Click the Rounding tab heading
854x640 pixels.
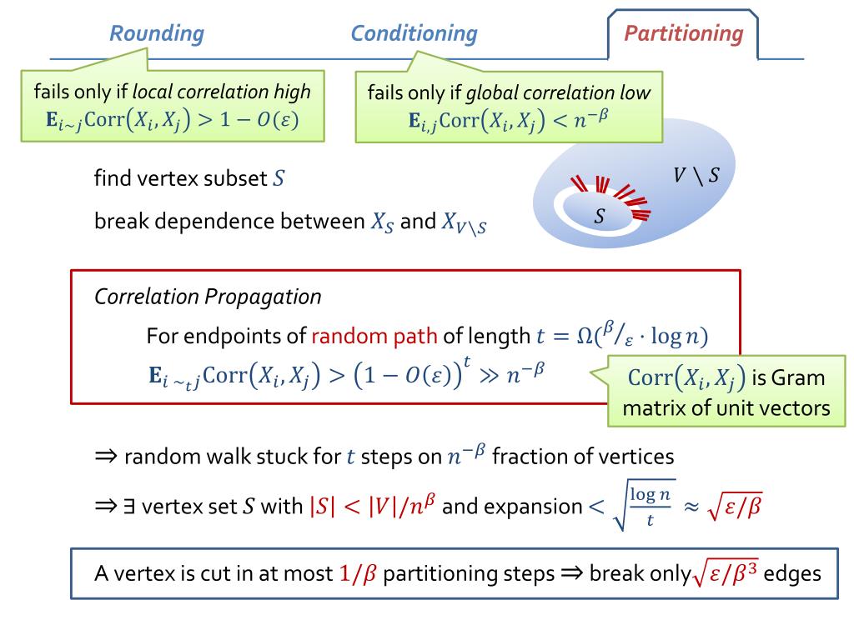point(157,34)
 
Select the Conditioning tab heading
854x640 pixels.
point(414,34)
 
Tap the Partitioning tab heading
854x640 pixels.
point(683,34)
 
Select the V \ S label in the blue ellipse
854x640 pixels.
point(696,175)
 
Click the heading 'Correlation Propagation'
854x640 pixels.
point(208,296)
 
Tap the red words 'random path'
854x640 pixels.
point(374,336)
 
